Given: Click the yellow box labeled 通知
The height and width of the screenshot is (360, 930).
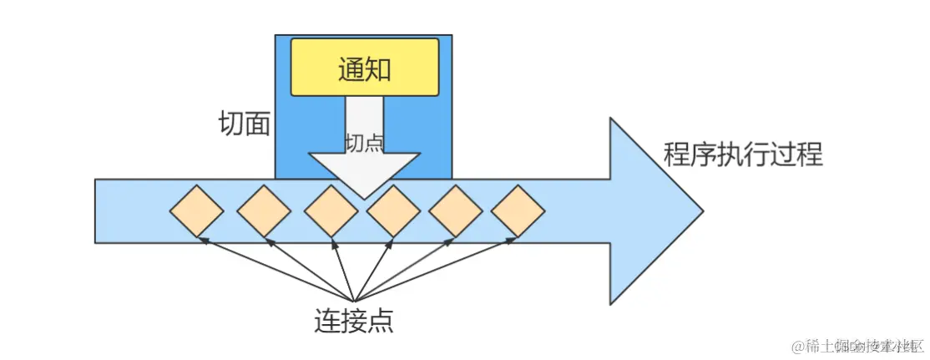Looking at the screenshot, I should click(364, 68).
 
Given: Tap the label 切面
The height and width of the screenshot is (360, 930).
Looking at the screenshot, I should click(244, 124).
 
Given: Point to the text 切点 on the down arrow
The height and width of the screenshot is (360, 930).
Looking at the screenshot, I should click(364, 142).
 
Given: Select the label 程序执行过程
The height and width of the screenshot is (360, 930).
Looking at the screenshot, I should click(742, 155).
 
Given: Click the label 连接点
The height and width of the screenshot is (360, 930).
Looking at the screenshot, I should click(353, 319).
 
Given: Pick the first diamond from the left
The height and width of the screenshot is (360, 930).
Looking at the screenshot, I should click(196, 210).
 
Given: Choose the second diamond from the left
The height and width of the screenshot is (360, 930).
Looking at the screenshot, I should click(264, 210).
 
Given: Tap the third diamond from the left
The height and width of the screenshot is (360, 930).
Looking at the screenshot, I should click(331, 210).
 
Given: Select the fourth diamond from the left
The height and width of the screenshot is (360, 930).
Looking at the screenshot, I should click(393, 210).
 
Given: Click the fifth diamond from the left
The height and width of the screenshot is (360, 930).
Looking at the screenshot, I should click(456, 210).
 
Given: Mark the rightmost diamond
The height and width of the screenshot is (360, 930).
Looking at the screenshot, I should click(518, 210).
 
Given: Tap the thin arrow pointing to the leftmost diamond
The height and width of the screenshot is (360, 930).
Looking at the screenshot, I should click(275, 269).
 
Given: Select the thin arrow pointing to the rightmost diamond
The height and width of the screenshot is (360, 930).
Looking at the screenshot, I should click(434, 269).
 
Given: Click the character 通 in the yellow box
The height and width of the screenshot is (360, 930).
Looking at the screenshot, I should click(351, 68).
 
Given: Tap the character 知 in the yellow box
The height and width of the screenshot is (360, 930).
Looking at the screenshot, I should click(378, 68).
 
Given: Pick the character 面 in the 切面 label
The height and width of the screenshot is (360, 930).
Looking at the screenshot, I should click(257, 124).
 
